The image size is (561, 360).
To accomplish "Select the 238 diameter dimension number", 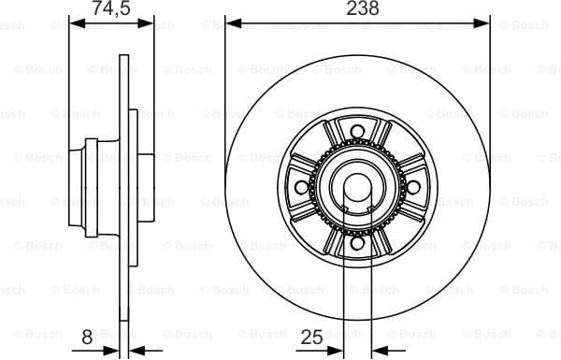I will tap(357, 9).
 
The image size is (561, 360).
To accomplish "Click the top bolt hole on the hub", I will tap(357, 132).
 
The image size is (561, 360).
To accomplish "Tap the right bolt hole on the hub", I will tap(412, 187).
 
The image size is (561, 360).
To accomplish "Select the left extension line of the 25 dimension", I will tap(345, 299).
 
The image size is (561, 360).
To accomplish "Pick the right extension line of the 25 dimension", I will tap(370, 299).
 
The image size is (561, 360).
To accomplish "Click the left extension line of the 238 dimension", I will tap(226, 75).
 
